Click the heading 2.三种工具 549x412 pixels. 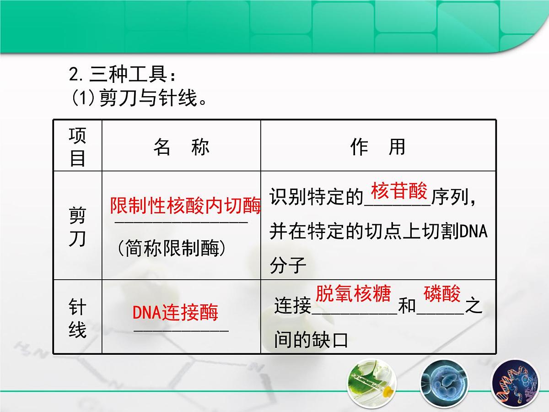point(122,74)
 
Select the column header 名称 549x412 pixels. point(181,147)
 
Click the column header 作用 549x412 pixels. point(378,147)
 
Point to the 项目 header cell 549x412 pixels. point(77,146)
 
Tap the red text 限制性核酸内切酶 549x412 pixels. point(185,206)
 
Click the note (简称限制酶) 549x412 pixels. point(171,249)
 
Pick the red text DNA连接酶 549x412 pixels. point(175,313)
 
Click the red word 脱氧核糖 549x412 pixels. point(353,293)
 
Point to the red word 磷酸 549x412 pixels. point(442,293)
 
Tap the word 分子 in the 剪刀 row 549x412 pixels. point(288,266)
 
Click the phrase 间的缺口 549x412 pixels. point(311,340)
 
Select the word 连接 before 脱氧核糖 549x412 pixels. point(293,306)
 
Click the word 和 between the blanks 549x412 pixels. point(407,306)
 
